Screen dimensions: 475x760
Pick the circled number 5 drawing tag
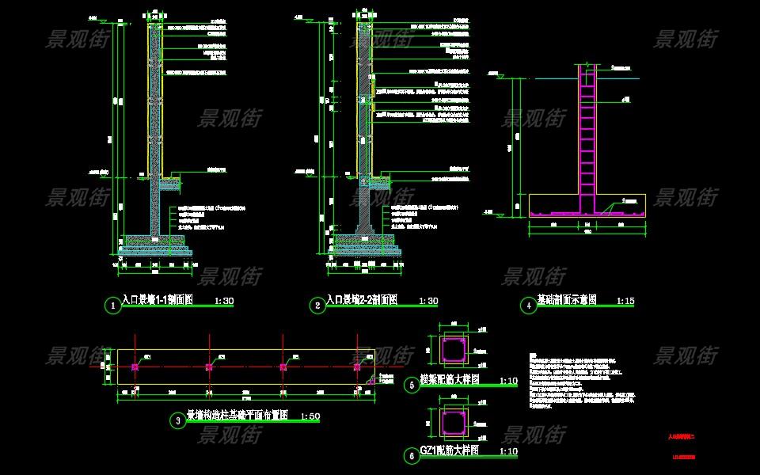(411, 386)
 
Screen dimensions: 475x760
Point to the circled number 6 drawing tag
(411, 456)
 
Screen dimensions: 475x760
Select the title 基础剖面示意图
(567, 301)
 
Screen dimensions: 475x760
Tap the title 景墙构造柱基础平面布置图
(237, 416)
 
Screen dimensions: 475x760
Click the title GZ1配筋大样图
(449, 450)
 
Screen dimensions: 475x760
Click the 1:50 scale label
(311, 417)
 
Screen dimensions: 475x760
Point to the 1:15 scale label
(625, 302)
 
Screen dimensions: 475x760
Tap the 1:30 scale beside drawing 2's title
(427, 302)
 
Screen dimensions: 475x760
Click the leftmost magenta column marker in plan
(135, 367)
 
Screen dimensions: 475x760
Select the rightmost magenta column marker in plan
(357, 367)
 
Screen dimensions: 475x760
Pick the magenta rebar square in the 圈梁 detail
(454, 350)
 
